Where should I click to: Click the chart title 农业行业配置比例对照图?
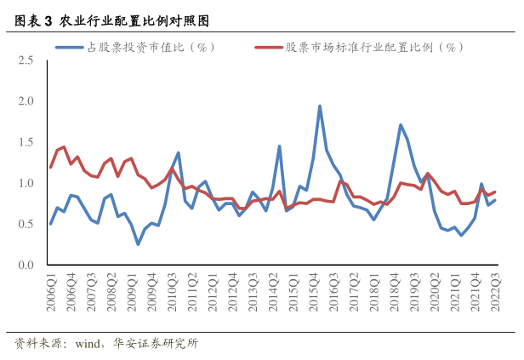click(134, 20)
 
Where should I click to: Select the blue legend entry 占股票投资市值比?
click(134, 48)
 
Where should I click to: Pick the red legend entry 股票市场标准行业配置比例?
click(359, 48)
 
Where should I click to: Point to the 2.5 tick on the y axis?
click(26, 60)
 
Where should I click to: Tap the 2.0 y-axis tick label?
click(26, 101)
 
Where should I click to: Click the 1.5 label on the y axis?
click(26, 142)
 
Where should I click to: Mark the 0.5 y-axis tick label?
click(26, 224)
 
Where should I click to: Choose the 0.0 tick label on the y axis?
click(26, 265)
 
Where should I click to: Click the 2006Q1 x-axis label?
click(51, 292)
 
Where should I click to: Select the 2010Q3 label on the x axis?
click(172, 292)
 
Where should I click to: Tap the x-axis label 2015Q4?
click(313, 292)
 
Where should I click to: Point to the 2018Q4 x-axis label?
click(395, 292)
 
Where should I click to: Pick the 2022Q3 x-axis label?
click(495, 292)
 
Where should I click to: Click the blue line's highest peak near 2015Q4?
click(320, 106)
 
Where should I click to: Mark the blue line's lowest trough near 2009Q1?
click(138, 244)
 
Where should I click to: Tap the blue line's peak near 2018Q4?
click(401, 125)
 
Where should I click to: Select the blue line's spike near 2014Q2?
click(279, 146)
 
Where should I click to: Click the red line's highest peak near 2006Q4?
click(64, 147)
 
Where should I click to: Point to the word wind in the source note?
click(88, 344)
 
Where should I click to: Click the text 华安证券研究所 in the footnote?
click(156, 343)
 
